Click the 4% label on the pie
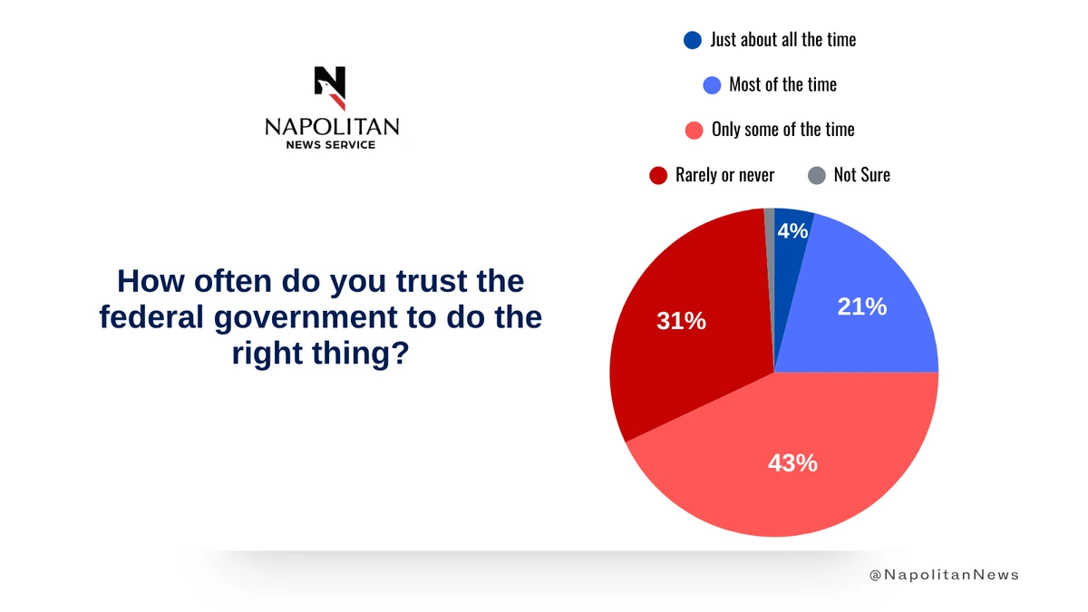(792, 231)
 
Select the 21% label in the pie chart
(861, 306)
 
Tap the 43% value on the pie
(792, 463)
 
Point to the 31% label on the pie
(681, 320)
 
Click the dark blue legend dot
(693, 40)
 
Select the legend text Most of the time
(782, 84)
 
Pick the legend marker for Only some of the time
(695, 130)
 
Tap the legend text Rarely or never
(724, 175)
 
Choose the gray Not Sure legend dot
(817, 175)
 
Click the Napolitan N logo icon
(330, 87)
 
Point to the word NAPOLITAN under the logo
(332, 127)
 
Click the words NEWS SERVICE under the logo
(331, 145)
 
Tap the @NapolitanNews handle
(944, 575)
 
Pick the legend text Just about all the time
(783, 40)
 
